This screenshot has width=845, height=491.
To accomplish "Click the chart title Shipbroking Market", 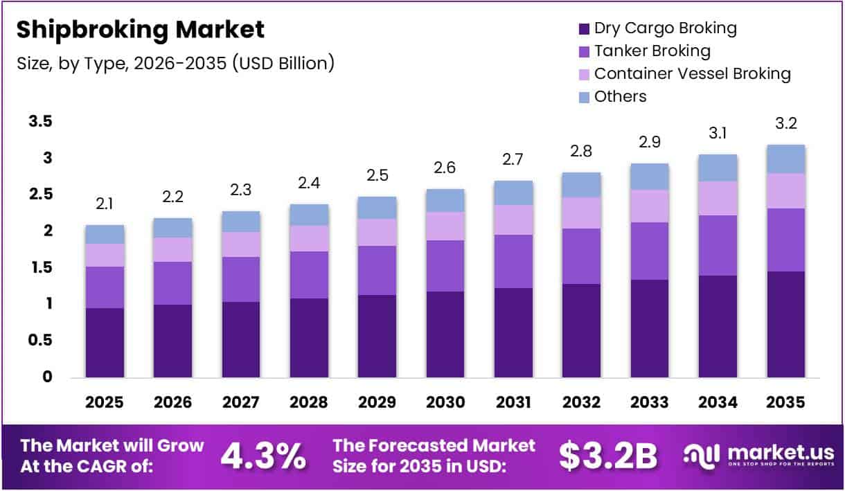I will tap(141, 30).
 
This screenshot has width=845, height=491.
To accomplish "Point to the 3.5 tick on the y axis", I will tap(40, 122).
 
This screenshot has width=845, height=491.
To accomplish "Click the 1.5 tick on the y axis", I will tap(40, 267).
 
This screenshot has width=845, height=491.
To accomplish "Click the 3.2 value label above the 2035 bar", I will tap(785, 125).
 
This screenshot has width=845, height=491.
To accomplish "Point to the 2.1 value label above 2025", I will tap(105, 204).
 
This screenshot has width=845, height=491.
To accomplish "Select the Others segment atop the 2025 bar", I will tap(105, 234).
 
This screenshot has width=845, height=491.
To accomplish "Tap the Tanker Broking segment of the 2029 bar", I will tap(377, 270).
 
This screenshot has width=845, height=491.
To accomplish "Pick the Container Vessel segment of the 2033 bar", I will tap(649, 206).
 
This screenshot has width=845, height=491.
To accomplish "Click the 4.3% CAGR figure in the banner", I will tap(263, 454).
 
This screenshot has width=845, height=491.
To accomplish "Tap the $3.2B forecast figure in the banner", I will tap(607, 454).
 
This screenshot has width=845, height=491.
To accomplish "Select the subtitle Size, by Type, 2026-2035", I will tap(176, 63).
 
